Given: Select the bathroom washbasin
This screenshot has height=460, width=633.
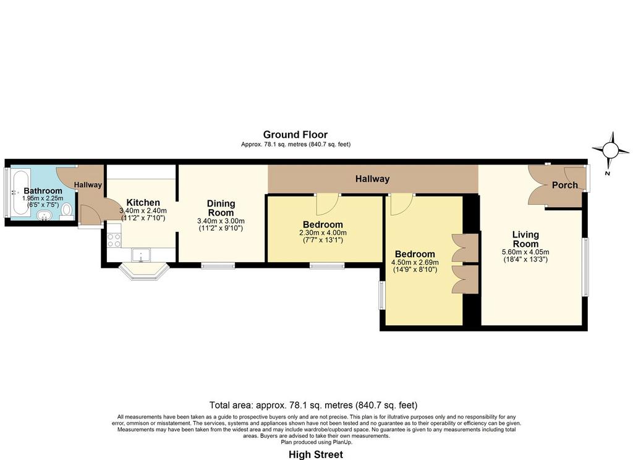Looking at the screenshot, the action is [44, 216].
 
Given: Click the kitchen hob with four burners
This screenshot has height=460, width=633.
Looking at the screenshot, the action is [114, 241].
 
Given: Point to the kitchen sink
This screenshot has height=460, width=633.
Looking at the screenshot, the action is [141, 255].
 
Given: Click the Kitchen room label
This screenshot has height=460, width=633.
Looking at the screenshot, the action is [143, 202].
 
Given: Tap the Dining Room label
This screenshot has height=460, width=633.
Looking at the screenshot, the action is [221, 208].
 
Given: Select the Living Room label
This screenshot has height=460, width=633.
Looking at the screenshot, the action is [525, 239].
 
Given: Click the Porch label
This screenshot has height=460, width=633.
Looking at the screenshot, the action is [565, 185].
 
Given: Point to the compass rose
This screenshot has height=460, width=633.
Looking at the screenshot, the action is [610, 151].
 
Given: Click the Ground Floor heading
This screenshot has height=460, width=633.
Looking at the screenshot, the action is [295, 135].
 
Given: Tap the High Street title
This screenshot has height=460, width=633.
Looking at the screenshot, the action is [316, 454].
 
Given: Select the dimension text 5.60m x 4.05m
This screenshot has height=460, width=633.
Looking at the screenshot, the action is [525, 252].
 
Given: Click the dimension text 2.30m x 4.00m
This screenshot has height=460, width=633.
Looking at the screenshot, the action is [323, 233].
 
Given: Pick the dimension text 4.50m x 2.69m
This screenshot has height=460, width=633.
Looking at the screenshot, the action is [415, 263].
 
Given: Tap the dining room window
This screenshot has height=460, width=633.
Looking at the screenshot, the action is [218, 266].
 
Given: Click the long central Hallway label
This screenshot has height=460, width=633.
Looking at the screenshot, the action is [372, 179].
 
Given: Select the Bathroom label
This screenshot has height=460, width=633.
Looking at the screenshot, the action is [43, 190].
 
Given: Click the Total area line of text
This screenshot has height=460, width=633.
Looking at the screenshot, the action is [313, 405].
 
